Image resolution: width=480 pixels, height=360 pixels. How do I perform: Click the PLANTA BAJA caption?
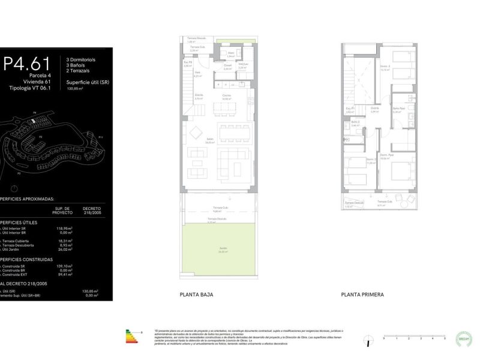click(196, 295)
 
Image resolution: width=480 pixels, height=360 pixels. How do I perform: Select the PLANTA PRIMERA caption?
click(362, 295)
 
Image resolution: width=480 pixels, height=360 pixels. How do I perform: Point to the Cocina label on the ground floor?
click(226, 95)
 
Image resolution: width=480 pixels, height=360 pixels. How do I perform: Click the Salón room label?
click(210, 140)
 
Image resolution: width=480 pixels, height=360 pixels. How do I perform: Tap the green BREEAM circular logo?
click(464, 337)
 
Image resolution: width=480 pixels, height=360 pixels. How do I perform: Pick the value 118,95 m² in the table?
click(64, 228)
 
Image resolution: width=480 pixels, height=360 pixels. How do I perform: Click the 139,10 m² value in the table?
click(64, 265)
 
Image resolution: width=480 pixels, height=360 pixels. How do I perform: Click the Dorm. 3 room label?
click(385, 66)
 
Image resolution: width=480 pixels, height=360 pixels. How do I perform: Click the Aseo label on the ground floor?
click(230, 53)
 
